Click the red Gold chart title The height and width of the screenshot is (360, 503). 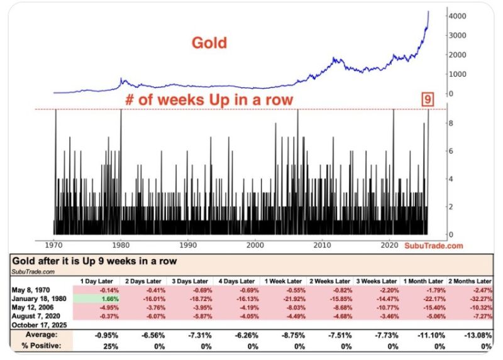209,43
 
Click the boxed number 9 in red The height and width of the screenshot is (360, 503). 428,99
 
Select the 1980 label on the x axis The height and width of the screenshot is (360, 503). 120,245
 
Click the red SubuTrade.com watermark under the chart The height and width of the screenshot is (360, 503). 433,245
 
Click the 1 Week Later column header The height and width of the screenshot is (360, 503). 284,280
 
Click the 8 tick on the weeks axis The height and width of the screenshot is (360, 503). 451,124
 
